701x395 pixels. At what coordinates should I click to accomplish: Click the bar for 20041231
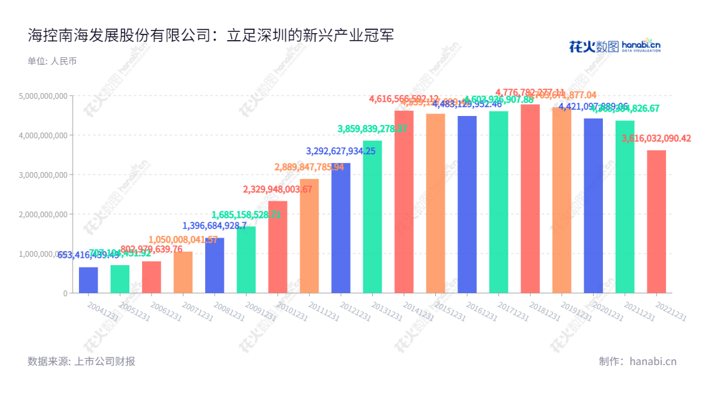coord(89,280)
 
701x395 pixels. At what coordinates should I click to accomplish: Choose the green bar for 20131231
coord(372,217)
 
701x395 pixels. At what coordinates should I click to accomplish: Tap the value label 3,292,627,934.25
coord(342,151)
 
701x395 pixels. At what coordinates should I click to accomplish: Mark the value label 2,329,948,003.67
coord(278,189)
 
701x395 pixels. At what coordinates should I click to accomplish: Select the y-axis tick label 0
coord(65,293)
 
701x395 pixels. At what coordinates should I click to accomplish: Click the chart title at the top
coord(211,35)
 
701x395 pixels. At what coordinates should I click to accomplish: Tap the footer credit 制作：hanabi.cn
coord(637,361)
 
